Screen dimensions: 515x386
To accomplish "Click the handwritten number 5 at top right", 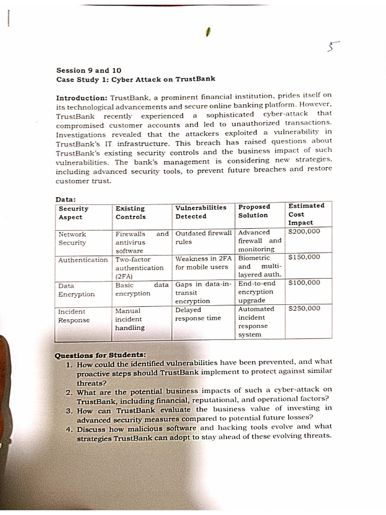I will point(330,47).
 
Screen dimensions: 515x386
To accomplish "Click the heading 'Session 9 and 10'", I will point(88,70).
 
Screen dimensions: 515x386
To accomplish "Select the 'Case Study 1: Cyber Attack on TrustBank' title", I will point(136,79).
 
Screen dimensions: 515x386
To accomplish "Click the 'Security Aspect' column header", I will point(73,213).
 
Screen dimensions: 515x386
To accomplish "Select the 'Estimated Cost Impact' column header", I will point(306,214).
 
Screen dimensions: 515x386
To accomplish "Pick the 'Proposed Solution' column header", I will point(254,211).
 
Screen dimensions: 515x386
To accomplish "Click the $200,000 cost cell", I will point(304,232).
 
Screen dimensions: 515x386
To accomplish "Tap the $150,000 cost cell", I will point(304,257).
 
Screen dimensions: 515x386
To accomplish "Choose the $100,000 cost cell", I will point(304,283).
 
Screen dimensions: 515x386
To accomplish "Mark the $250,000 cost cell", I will point(304,308).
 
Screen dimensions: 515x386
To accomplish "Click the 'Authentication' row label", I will point(83,260).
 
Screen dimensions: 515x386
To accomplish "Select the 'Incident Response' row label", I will point(73,316).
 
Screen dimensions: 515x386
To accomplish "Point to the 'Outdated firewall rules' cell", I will point(203,237).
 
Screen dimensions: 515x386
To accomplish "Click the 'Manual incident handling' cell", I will point(130,319).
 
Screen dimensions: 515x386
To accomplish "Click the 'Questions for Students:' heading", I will point(100,355).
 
